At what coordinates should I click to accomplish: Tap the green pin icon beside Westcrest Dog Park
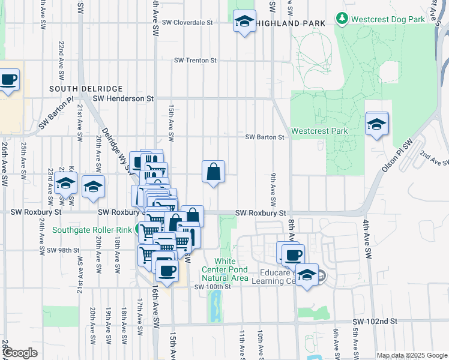342,19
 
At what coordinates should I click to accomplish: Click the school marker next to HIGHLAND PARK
244,22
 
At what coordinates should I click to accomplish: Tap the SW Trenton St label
194,61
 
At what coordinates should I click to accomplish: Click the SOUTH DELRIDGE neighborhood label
77,88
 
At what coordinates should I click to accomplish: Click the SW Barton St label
264,137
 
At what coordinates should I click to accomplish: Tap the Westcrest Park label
319,131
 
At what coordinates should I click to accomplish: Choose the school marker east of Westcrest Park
376,124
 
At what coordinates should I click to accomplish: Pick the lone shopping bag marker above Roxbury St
213,172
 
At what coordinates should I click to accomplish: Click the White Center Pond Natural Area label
226,269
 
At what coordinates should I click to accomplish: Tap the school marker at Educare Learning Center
307,275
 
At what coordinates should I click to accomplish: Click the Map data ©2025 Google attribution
412,355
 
